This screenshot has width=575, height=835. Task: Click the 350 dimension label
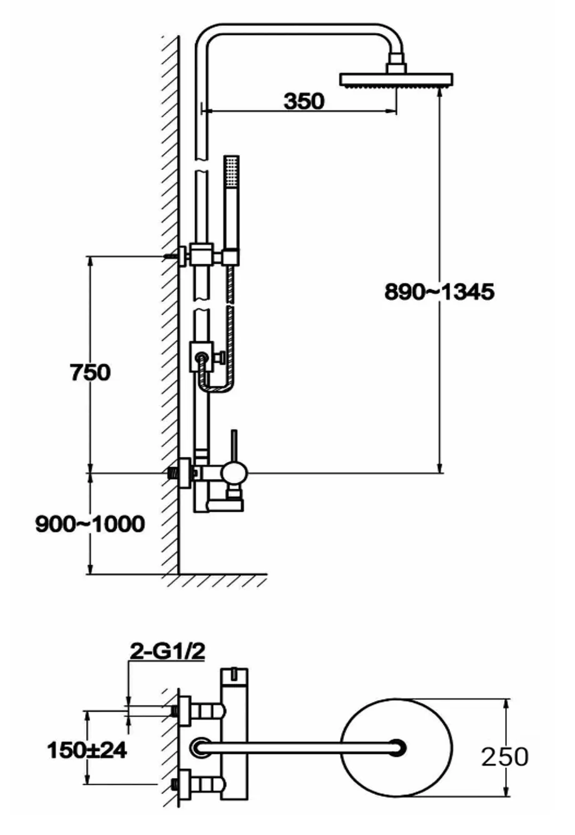pos(304,101)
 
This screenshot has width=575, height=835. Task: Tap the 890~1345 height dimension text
pos(439,291)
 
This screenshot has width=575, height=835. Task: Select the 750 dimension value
pos(90,372)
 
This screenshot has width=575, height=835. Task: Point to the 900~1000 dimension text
pos(90,524)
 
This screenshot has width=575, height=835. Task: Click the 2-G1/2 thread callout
pos(167,652)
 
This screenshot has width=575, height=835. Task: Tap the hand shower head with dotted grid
pos(231,172)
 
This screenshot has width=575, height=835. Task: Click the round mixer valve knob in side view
pos(234,474)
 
